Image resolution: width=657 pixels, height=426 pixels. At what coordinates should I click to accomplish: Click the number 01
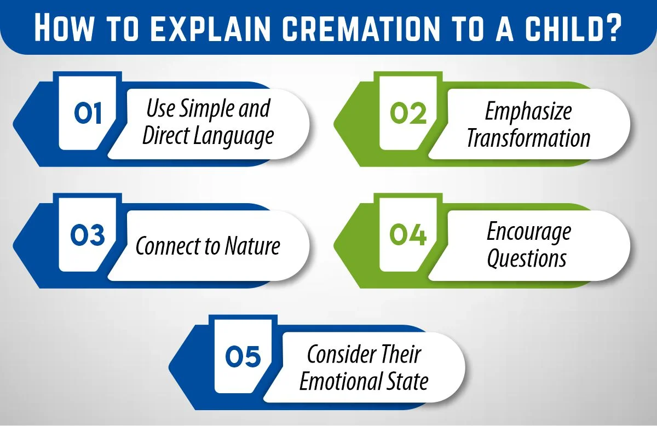(88, 114)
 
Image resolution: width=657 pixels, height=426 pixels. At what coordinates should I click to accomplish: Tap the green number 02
(408, 114)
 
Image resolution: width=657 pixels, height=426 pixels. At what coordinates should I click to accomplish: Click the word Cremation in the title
(340, 27)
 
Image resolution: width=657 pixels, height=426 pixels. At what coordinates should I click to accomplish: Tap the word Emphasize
(528, 111)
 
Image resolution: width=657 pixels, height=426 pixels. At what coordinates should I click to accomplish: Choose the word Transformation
(528, 138)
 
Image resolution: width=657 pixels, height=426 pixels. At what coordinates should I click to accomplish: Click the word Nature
(251, 247)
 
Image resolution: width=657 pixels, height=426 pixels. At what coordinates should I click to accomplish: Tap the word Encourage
(528, 233)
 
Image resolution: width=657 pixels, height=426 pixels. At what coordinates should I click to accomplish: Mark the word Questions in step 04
(527, 258)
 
